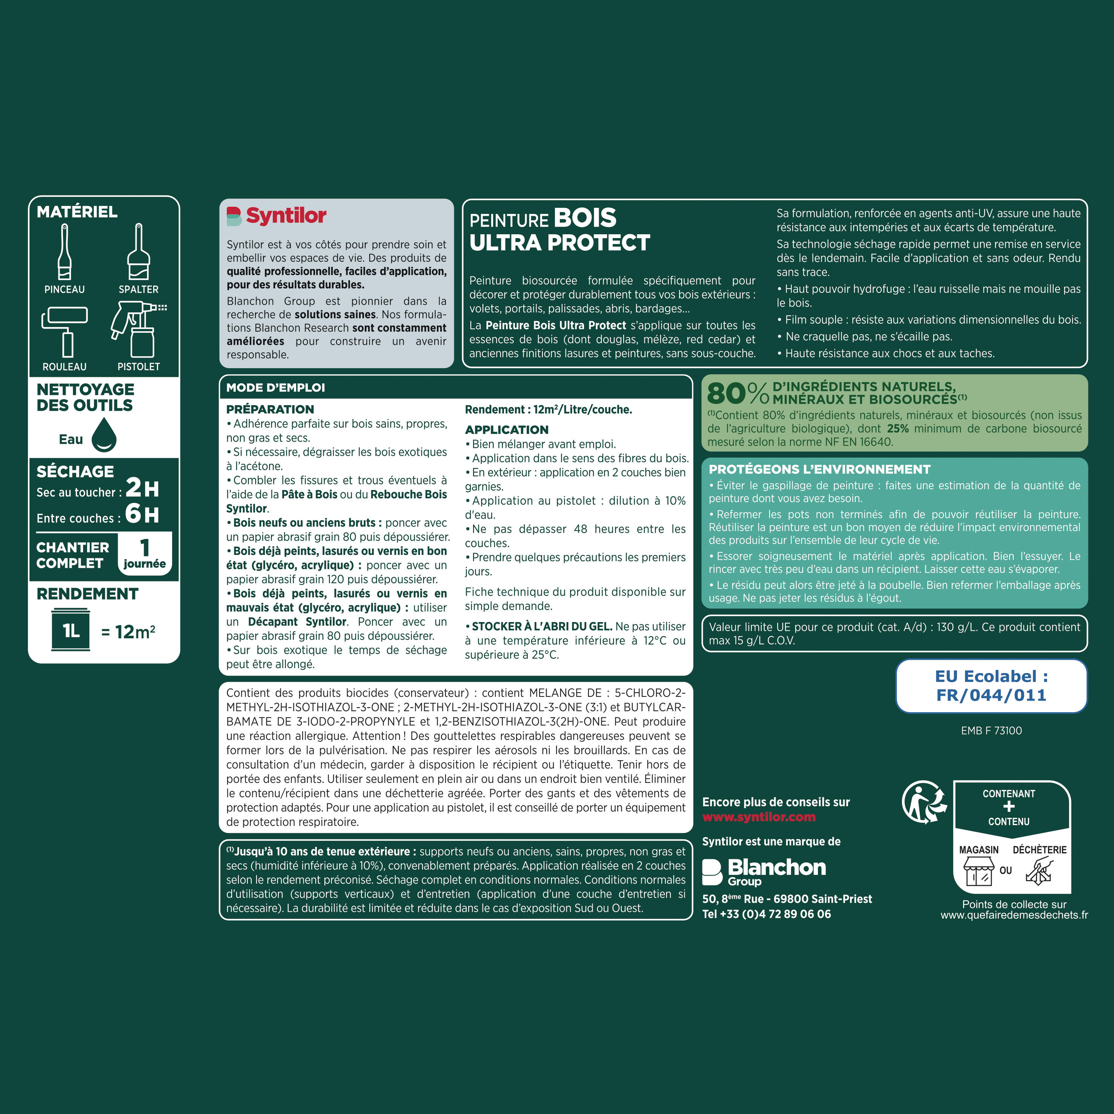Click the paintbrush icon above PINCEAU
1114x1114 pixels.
tap(65, 252)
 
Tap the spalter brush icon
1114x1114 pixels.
tap(138, 252)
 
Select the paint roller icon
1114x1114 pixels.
tap(65, 332)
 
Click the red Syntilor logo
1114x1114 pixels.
tap(277, 216)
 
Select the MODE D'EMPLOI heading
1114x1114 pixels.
tap(276, 387)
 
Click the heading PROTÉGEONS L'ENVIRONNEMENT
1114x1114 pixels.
tap(819, 469)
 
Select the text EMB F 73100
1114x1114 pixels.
tap(991, 731)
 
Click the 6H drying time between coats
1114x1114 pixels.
tap(142, 513)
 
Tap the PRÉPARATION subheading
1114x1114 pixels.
tap(270, 409)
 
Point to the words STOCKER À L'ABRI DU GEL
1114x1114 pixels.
tap(542, 626)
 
